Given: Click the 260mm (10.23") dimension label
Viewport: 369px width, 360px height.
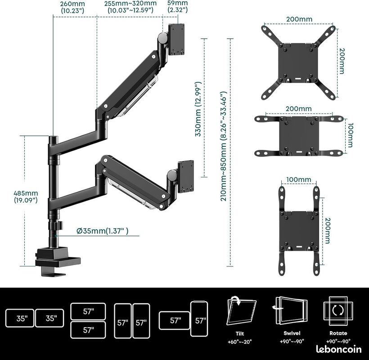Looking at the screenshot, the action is pos(72,7).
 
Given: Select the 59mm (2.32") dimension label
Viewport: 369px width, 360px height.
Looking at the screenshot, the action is pos(178,6).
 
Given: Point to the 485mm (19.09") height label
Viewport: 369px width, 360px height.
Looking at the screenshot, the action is pos(26,197).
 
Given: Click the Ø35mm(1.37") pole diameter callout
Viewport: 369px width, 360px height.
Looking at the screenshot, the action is pos(103,231).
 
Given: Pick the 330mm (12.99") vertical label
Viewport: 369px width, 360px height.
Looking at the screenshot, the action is pos(198,109).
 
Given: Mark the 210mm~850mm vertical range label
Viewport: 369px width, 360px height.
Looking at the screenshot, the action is pos(223,146).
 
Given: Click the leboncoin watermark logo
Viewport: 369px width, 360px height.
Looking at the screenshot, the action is pos(339,349).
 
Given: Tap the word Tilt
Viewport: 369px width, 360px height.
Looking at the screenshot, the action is pos(240,333).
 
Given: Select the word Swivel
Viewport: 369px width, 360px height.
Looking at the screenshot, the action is pos(292,333).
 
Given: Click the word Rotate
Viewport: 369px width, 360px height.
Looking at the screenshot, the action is pos(338,333).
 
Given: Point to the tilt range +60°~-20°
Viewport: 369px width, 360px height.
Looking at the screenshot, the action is pos(240,342).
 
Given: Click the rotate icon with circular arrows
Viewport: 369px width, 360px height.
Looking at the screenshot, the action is pos(338,310).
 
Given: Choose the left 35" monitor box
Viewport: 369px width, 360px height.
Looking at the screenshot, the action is pos(20,318).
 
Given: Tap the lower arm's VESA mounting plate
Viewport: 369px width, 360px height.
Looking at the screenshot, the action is pos(186,176).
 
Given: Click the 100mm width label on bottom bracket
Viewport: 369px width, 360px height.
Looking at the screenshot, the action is pos(299,180).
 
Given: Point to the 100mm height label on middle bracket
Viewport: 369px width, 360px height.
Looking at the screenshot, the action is pos(350,135).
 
